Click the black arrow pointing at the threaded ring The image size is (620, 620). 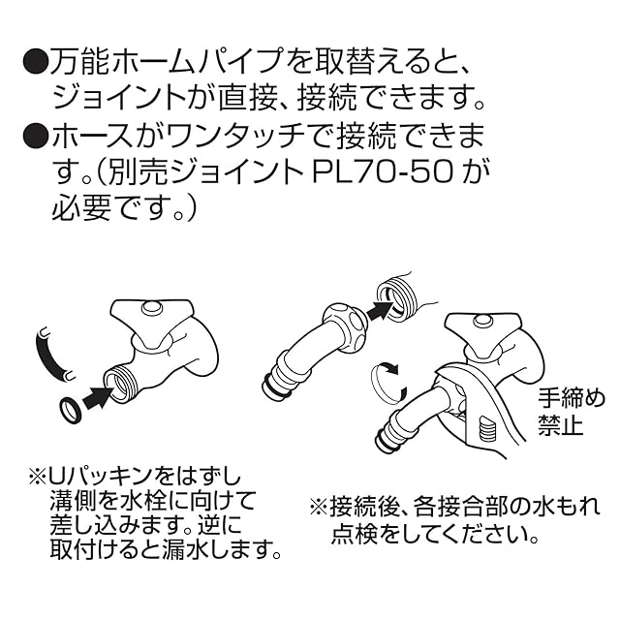(x=381, y=311)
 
